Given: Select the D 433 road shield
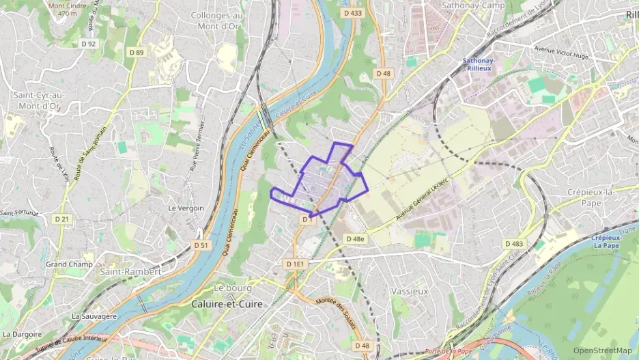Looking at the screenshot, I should (353, 13).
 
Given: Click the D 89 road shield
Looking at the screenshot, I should (137, 52).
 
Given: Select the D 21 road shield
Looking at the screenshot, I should (61, 219).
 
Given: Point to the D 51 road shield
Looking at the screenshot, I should (200, 245).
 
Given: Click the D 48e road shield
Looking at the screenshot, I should (355, 239).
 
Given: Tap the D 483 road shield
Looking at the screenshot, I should (513, 244).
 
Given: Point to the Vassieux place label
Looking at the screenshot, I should (410, 290).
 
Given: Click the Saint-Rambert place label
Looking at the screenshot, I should (130, 271).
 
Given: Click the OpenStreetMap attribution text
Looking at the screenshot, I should (603, 351).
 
